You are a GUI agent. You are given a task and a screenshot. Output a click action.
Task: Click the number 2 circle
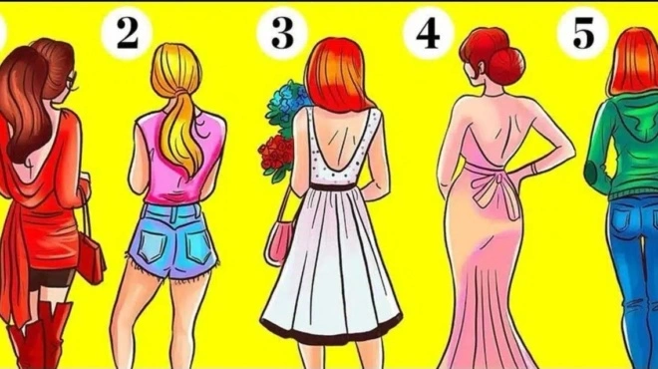(x=127, y=33)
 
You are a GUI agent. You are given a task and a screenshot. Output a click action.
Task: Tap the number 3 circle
(x=282, y=33)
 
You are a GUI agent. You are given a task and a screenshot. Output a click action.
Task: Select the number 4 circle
(x=428, y=33)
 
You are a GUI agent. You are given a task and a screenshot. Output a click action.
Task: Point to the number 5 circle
(x=582, y=33)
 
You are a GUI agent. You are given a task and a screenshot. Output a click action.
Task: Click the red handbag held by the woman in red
(x=91, y=257)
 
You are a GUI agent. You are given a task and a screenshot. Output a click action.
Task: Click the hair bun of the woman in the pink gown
(x=506, y=64)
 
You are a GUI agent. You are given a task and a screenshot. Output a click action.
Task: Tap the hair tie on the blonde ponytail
(x=180, y=91)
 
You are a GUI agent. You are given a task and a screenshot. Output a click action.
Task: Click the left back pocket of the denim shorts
(x=152, y=246)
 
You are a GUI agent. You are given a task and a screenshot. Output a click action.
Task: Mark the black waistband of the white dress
(x=333, y=186)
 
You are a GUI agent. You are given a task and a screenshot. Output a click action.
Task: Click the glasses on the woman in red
(x=72, y=82)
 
